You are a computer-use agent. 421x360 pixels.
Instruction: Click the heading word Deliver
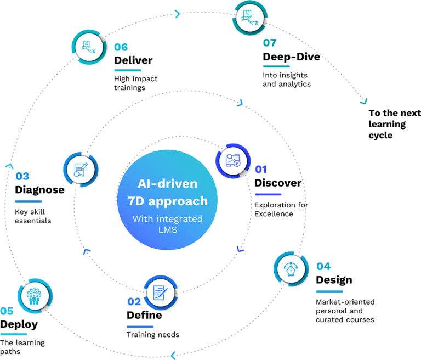tap(133, 60)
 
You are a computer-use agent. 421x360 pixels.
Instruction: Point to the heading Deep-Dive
tap(291, 57)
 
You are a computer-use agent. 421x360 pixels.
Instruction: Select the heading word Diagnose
tap(40, 190)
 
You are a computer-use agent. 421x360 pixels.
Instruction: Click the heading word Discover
tap(278, 183)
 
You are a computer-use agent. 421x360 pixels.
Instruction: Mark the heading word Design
tap(334, 280)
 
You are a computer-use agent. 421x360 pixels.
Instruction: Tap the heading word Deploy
tap(19, 324)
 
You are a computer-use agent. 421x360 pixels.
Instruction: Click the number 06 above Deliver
tap(121, 47)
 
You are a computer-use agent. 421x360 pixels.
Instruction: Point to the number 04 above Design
tap(323, 266)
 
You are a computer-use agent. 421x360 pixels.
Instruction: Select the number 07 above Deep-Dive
tap(270, 43)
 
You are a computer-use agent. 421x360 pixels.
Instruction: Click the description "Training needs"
tap(153, 334)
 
